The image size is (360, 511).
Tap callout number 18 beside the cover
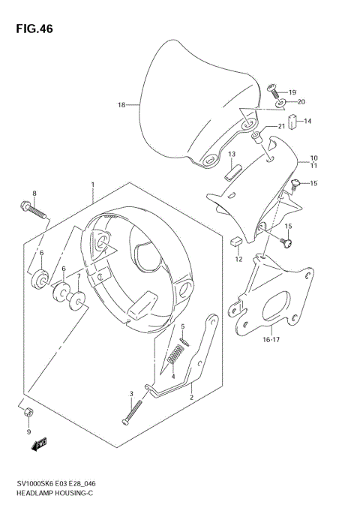[121, 105]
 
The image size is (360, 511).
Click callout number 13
[232, 154]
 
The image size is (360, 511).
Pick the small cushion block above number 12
[235, 242]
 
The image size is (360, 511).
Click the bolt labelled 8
[34, 209]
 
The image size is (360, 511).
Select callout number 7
[78, 277]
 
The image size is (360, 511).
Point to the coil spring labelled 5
[181, 347]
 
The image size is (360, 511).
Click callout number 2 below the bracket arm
[191, 398]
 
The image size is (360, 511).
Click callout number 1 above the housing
[91, 184]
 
